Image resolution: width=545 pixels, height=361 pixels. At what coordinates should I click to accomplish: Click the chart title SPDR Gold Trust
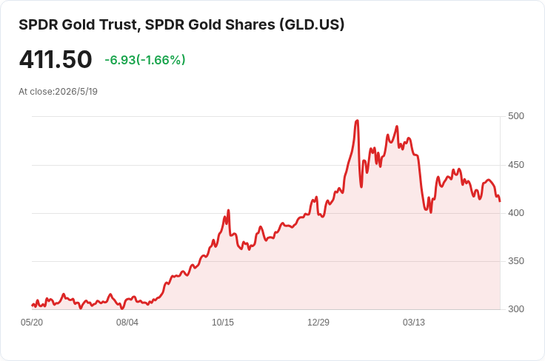click(79, 25)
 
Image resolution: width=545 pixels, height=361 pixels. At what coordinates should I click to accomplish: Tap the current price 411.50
click(56, 59)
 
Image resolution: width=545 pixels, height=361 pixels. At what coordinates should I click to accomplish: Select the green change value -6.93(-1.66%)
click(145, 60)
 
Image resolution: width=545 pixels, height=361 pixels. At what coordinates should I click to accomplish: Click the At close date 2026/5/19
click(76, 92)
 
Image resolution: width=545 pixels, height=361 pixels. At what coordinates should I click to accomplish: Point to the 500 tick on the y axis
click(516, 116)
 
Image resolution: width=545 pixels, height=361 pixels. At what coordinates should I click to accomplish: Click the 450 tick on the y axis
click(516, 165)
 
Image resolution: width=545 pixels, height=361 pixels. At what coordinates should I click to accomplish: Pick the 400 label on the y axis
click(516, 213)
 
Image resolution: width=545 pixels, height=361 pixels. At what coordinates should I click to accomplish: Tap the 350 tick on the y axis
click(516, 261)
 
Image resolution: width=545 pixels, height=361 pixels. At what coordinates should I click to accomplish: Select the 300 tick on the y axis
click(516, 309)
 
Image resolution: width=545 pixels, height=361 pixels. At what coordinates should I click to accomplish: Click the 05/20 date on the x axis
click(32, 323)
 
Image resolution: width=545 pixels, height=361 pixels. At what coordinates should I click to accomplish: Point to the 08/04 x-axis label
click(127, 323)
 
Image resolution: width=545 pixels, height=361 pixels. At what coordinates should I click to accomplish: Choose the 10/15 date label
click(223, 323)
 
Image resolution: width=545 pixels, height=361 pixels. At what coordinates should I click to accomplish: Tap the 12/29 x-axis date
click(318, 323)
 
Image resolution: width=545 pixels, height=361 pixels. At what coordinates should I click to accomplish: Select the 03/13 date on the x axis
click(414, 323)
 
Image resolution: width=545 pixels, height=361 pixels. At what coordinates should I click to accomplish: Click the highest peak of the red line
click(357, 121)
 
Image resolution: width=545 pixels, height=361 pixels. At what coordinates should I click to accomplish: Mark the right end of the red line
click(500, 201)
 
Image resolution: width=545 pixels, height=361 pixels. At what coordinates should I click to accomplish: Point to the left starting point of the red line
click(32, 305)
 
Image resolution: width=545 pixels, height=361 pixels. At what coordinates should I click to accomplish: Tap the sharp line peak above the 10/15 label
click(228, 210)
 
